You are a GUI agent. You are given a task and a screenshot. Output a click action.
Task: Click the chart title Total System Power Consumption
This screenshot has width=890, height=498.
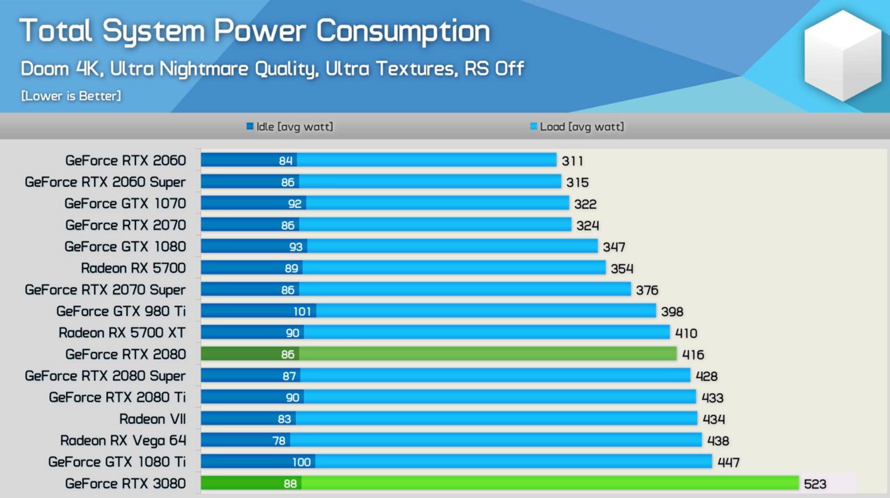coord(255,31)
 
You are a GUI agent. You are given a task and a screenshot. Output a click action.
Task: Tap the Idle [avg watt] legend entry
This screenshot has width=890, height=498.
coord(290,127)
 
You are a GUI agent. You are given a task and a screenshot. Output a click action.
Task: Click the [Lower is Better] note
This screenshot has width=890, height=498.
coord(71,96)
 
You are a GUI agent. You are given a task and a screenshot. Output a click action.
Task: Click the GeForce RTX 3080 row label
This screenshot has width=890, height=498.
coord(125,483)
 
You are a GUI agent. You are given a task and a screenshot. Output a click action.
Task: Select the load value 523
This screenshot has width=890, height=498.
coord(815,484)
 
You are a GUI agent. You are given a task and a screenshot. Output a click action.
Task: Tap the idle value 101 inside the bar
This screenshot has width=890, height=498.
coord(302,311)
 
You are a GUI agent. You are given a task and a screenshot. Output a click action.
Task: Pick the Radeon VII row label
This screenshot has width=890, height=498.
coord(152,419)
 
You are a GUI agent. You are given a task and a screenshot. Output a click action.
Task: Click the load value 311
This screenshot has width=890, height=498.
coord(572,161)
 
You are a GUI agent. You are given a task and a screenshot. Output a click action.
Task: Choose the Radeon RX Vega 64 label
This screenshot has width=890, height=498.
coord(123,440)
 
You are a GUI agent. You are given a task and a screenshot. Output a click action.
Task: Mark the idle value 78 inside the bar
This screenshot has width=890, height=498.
coord(279,440)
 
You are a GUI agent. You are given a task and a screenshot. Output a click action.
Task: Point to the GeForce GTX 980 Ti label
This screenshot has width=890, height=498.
coord(121,311)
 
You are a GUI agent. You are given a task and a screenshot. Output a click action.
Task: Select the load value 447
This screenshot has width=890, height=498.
coord(728,462)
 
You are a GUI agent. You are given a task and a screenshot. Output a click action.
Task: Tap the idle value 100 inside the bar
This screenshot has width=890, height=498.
coord(301,462)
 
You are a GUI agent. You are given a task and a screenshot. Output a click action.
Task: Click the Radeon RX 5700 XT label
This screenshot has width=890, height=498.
coord(122,333)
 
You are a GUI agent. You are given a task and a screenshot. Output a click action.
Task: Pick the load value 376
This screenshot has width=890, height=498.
coord(647,290)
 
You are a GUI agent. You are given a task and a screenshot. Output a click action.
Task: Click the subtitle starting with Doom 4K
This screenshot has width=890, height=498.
coord(272,69)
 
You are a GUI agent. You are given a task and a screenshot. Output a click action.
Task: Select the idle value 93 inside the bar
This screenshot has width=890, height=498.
coord(295,247)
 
